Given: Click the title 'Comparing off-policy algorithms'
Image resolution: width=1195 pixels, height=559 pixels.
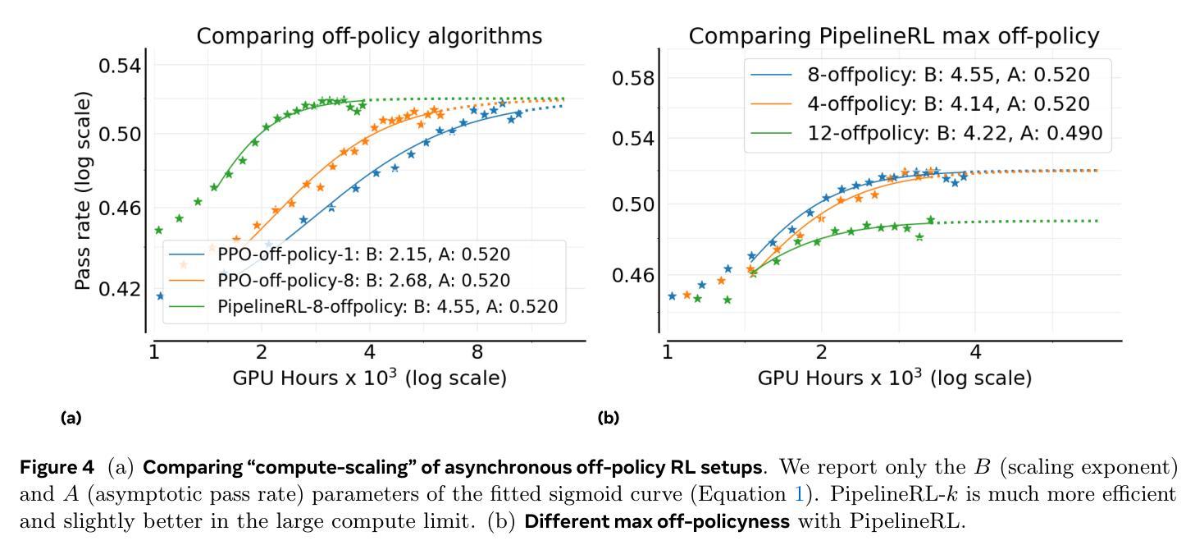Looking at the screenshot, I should [369, 37].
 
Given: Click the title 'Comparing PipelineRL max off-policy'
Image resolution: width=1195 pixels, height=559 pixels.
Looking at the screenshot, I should [893, 37].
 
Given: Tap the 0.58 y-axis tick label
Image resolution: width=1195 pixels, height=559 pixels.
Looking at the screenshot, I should [635, 79].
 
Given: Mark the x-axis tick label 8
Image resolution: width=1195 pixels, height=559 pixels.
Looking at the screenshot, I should [477, 353].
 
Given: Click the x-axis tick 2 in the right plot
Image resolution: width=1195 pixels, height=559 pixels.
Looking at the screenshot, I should [821, 353].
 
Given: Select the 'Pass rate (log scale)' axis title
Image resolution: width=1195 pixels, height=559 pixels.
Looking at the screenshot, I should [83, 190].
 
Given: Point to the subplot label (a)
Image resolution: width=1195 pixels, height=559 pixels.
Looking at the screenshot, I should [71, 418].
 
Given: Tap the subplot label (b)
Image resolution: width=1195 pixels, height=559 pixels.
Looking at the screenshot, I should [609, 418].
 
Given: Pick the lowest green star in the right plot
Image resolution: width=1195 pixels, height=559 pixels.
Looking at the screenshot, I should [727, 300].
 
